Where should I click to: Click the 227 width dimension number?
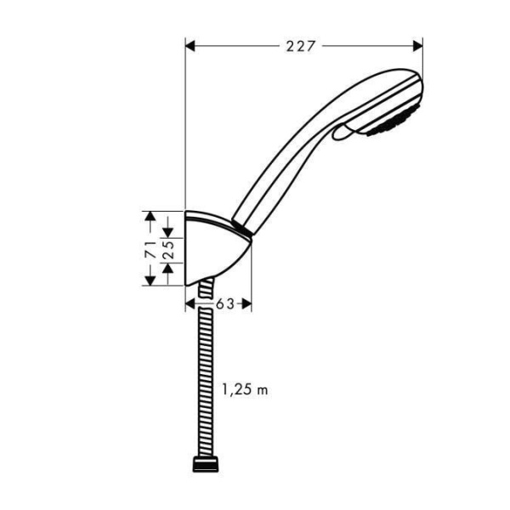pos(301,46)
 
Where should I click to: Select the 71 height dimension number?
pos(150,250)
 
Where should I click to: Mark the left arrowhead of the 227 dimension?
pos(190,46)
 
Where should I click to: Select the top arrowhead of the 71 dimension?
pos(150,217)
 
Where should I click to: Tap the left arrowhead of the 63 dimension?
pos(190,303)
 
